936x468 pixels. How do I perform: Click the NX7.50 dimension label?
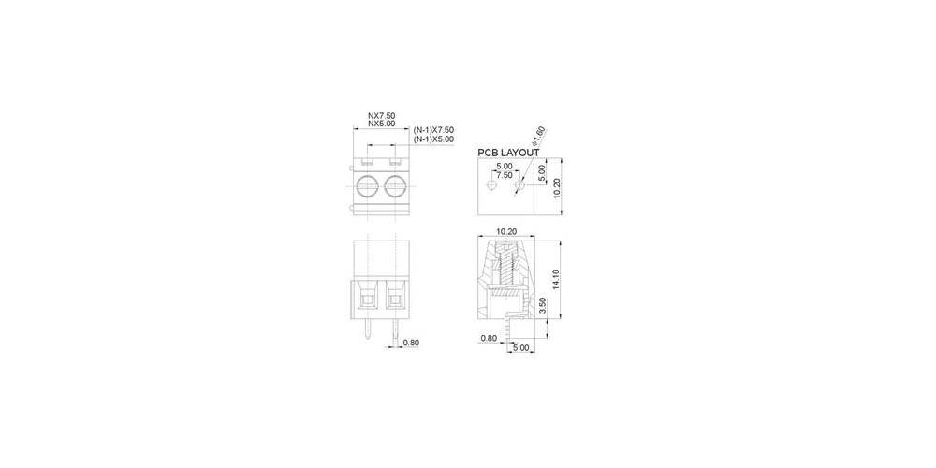(381, 115)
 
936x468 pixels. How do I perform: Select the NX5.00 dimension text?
(381, 124)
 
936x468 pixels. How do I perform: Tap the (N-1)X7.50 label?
(433, 130)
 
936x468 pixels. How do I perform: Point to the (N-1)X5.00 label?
(433, 139)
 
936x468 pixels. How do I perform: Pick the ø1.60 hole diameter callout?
(539, 136)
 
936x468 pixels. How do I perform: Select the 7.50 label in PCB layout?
(504, 175)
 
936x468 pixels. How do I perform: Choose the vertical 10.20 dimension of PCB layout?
(557, 188)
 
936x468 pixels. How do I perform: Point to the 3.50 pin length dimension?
(544, 306)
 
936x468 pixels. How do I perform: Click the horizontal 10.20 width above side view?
(506, 230)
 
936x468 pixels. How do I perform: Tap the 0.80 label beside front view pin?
(410, 344)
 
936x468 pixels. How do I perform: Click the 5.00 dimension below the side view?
(520, 348)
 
